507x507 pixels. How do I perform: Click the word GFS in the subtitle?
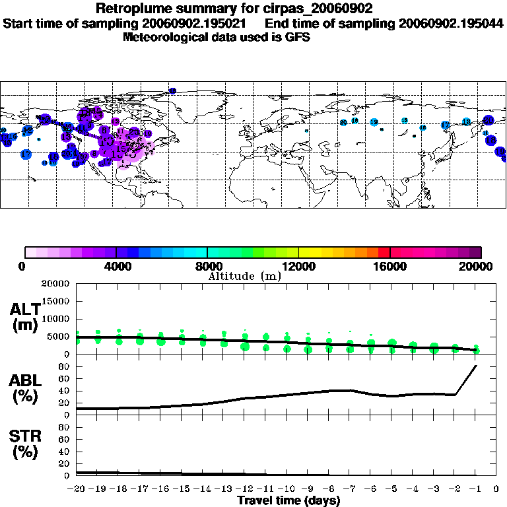point(297,37)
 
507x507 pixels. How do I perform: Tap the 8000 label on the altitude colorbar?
point(207,267)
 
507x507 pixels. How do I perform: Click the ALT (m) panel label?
point(26,318)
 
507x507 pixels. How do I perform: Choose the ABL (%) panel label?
point(26,388)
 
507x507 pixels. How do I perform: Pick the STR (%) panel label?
point(26,444)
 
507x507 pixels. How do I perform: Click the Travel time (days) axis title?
point(288,501)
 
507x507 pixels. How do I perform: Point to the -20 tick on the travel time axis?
point(77,489)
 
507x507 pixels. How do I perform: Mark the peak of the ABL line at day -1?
point(476,366)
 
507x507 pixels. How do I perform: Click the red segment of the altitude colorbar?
point(384,252)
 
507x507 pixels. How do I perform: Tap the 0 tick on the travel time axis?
point(497,489)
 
